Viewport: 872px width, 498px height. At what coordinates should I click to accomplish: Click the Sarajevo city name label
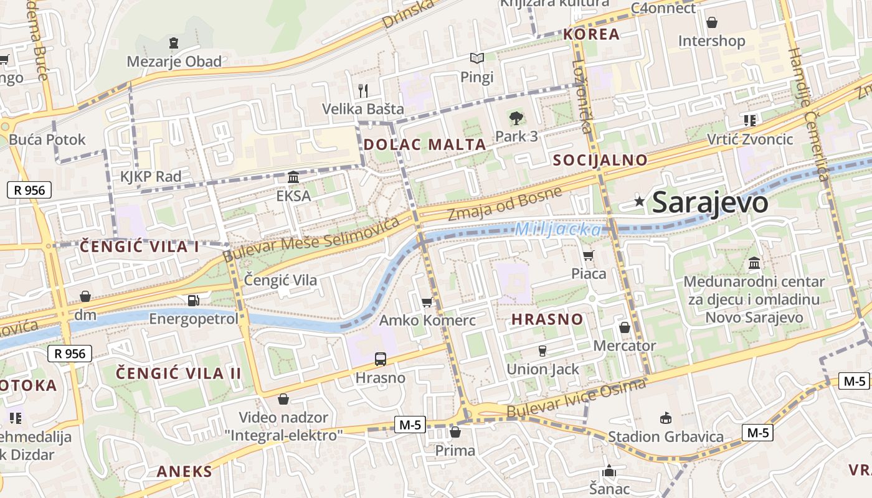click(709, 203)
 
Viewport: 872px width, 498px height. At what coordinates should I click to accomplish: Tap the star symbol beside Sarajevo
click(639, 201)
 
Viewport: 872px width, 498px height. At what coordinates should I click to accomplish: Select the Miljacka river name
click(558, 230)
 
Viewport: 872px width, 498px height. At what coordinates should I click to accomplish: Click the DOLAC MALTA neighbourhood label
click(424, 144)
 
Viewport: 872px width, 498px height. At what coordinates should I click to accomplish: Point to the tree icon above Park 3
click(516, 118)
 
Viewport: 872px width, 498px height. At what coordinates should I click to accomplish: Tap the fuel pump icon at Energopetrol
click(194, 300)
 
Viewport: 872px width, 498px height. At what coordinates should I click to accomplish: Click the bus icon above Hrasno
click(380, 359)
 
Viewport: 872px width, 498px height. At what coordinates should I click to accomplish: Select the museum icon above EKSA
click(293, 177)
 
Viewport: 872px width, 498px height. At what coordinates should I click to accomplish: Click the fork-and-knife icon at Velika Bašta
click(363, 90)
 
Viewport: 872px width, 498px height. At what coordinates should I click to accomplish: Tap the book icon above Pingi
click(477, 59)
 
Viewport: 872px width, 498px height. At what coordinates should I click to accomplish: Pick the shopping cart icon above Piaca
click(588, 255)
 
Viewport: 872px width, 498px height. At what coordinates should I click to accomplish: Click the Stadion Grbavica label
click(665, 436)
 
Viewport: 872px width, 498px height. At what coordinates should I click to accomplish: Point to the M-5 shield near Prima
click(410, 425)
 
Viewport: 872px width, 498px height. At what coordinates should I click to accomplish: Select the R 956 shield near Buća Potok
click(29, 190)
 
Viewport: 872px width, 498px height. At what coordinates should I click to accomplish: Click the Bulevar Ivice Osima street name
click(576, 399)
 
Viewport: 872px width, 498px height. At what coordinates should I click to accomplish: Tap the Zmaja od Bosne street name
click(505, 204)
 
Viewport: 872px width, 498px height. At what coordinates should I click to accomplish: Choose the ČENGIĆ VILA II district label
click(179, 374)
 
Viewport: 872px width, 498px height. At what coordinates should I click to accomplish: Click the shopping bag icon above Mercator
click(625, 327)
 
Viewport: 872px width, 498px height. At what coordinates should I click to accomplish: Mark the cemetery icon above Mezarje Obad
click(173, 43)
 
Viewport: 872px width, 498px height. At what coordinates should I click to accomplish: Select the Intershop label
click(711, 41)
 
